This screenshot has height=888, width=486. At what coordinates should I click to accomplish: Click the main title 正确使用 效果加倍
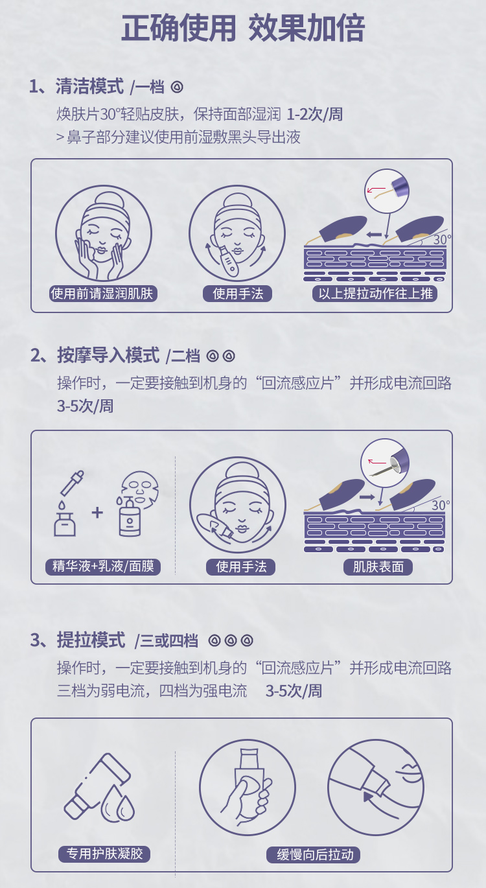pyautogui.click(x=242, y=28)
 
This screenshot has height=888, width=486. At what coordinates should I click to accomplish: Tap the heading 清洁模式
pyautogui.click(x=89, y=86)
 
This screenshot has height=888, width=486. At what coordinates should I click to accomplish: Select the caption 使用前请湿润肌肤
pyautogui.click(x=102, y=294)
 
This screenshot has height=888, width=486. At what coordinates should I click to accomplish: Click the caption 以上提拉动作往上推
pyautogui.click(x=375, y=294)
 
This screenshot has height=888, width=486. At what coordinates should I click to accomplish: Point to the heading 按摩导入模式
pyautogui.click(x=108, y=355)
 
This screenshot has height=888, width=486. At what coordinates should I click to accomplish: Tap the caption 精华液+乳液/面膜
pyautogui.click(x=103, y=566)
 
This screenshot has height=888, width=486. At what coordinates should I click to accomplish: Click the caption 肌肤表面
pyautogui.click(x=378, y=567)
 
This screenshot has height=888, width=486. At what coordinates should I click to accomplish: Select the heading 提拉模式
pyautogui.click(x=91, y=640)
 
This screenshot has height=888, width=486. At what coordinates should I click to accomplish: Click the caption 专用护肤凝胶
pyautogui.click(x=104, y=854)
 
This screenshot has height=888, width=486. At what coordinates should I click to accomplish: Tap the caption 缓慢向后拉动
pyautogui.click(x=313, y=854)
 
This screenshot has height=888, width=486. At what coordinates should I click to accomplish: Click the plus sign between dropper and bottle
pyautogui.click(x=97, y=513)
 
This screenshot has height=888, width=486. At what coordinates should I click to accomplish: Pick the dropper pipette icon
pyautogui.click(x=72, y=483)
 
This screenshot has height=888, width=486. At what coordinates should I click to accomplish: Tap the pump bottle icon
pyautogui.click(x=129, y=517)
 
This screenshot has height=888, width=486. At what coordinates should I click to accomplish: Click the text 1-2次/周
pyautogui.click(x=314, y=114)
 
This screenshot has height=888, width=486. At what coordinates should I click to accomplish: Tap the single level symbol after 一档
pyautogui.click(x=177, y=87)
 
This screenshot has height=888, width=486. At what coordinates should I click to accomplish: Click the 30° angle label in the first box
pyautogui.click(x=442, y=239)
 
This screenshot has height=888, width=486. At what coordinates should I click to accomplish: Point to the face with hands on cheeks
pyautogui.click(x=104, y=233)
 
